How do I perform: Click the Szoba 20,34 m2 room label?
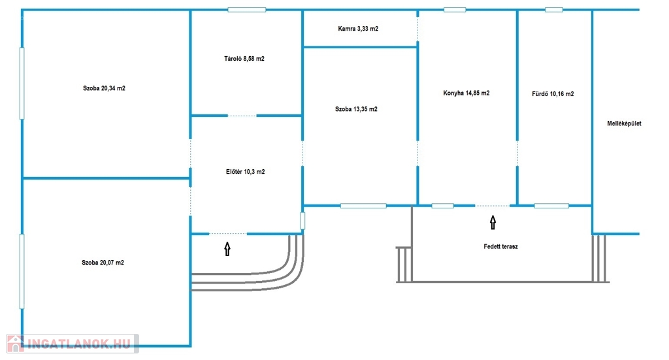[x=104, y=88]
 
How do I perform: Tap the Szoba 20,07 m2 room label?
[x=103, y=263]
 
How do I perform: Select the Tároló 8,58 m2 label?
[x=244, y=59]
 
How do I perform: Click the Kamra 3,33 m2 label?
[x=358, y=29]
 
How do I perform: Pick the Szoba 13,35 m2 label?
[x=356, y=109]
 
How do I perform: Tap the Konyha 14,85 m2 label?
[x=466, y=93]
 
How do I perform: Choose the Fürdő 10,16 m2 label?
[x=553, y=93]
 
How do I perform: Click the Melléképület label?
[x=624, y=123]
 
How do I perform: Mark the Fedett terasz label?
[x=500, y=247]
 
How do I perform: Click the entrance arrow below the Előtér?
[x=227, y=248]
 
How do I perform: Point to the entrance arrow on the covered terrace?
[x=493, y=223]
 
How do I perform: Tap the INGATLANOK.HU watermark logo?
[x=72, y=344]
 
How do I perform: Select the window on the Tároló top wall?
[x=247, y=10]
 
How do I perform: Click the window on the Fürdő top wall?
[x=553, y=10]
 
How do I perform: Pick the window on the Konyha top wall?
[x=455, y=10]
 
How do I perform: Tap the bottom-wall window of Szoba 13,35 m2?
[x=363, y=206]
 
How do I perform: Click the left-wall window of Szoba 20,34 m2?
[x=22, y=83]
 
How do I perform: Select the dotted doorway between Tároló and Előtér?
[x=242, y=116]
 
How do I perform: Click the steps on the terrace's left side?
[x=404, y=264]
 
